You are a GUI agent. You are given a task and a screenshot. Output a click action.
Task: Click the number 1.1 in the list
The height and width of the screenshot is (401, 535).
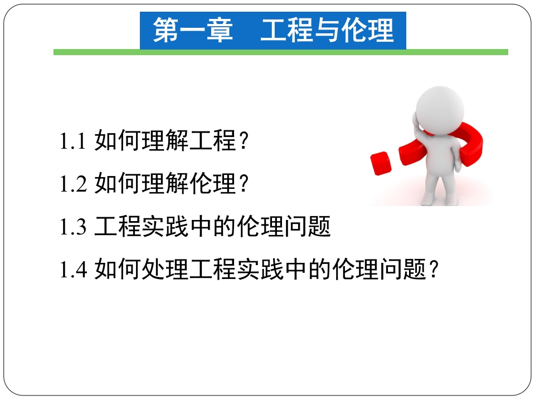coord(72,141)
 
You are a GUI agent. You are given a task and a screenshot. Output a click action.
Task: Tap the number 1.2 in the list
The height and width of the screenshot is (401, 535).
coord(73,183)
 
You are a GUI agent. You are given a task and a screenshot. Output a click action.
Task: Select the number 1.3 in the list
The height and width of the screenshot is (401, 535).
coord(73,227)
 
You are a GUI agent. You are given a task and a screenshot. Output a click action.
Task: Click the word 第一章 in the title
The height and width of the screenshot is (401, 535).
coord(193,30)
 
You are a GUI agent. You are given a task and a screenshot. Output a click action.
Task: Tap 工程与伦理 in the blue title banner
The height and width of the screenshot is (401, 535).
coord(327,30)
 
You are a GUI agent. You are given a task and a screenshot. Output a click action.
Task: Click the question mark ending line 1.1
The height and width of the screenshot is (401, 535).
coord(244,141)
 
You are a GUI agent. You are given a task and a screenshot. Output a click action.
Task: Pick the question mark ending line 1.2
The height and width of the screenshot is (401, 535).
coord(244,183)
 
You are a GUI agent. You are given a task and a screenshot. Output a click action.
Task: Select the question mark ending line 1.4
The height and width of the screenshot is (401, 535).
coord(434,269)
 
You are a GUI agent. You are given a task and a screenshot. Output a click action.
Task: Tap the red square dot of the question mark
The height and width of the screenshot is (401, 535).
coord(381,163)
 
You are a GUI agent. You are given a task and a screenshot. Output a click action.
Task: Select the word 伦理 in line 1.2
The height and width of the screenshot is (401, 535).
coord(212,183)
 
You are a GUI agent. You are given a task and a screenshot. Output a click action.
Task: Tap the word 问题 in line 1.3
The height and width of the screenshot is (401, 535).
coord(307,227)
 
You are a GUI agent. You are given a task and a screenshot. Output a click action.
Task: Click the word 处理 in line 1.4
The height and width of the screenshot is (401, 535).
coord(165,269)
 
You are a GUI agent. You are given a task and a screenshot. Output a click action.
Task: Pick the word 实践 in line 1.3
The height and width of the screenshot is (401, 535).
coord(165,227)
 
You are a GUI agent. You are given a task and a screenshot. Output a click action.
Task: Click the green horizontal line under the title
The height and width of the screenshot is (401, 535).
coord(281,52)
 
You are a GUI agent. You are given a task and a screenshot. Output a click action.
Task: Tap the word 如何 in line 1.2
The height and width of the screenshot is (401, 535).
coord(118,183)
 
